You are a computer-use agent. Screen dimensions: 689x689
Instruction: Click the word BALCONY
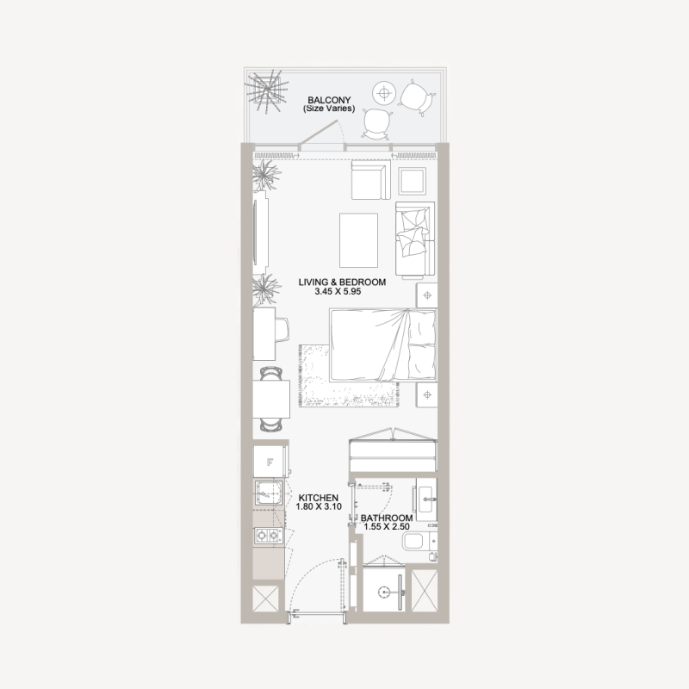(x=328, y=99)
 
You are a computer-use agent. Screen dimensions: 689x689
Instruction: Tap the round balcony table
(x=384, y=92)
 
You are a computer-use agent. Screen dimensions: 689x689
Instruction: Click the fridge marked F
(x=270, y=462)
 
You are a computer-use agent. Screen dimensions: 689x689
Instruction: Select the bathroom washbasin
(x=427, y=498)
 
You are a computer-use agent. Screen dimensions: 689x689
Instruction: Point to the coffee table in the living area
(x=358, y=239)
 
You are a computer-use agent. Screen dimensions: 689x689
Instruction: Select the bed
(x=382, y=346)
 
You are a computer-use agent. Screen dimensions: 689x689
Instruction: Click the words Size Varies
(x=329, y=109)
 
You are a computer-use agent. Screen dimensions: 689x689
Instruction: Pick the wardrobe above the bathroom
(x=393, y=451)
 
